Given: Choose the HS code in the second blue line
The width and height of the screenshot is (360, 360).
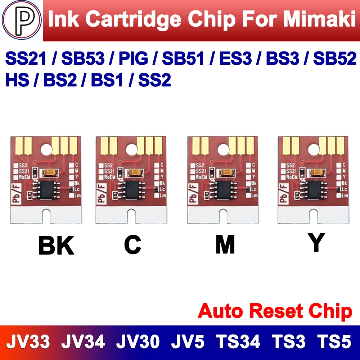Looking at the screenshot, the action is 17,80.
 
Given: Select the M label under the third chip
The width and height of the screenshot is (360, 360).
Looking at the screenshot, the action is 225,245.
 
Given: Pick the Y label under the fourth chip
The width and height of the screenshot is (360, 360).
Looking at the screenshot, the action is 316,243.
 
